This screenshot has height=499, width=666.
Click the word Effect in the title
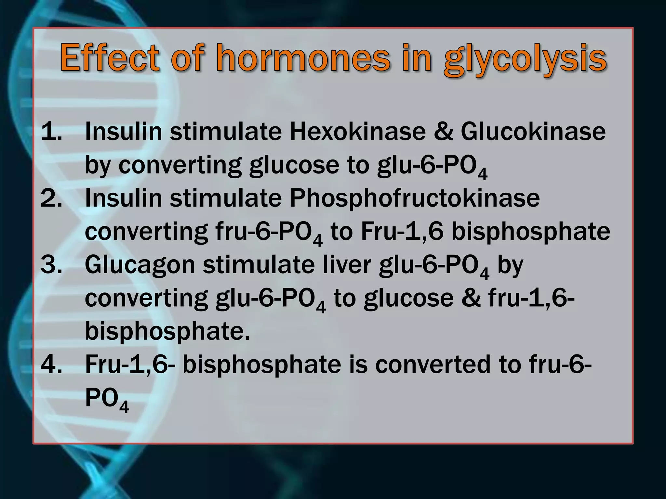tap(110, 58)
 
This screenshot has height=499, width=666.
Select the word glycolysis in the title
tap(525, 60)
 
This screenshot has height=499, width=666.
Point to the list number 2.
tap(51, 198)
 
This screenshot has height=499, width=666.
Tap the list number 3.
tap(51, 264)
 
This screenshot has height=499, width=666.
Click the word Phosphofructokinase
tap(415, 198)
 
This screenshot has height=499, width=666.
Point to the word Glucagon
tap(140, 265)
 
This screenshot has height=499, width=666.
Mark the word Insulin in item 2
tap(124, 198)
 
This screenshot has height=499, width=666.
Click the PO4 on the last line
tap(107, 399)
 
